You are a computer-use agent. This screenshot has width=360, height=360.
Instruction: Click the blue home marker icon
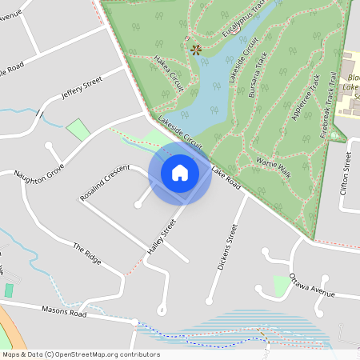(x=180, y=172)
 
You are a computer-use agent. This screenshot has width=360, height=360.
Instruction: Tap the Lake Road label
(x=226, y=177)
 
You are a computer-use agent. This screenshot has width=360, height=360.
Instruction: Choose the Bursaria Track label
(x=256, y=78)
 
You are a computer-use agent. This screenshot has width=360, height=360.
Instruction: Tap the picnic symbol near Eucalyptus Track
(x=196, y=50)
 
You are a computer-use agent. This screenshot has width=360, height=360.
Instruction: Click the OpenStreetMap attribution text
(x=81, y=354)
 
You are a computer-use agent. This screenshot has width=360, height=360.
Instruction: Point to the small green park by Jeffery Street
(x=78, y=128)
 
